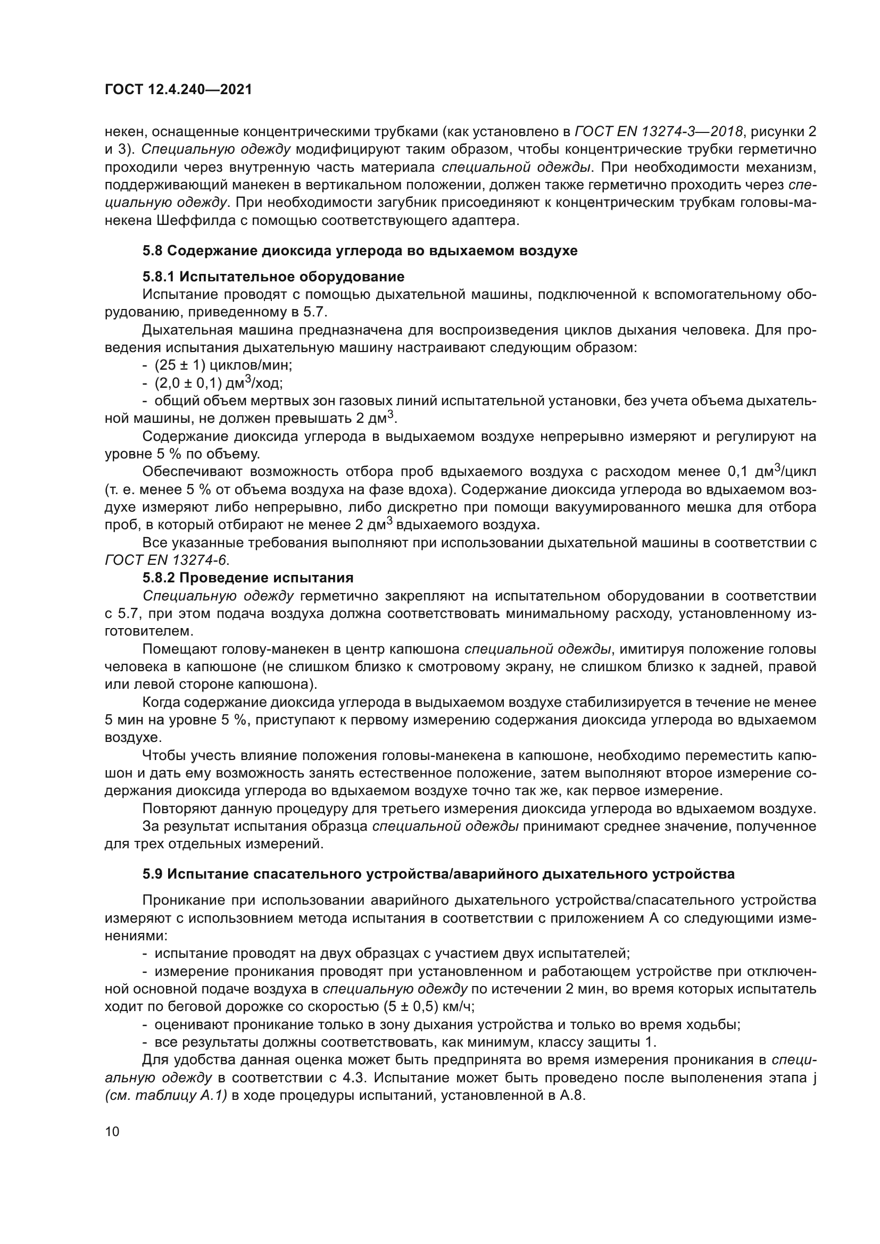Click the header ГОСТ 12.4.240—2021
coord(178,89)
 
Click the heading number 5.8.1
coord(159,277)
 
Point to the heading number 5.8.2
coord(159,578)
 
